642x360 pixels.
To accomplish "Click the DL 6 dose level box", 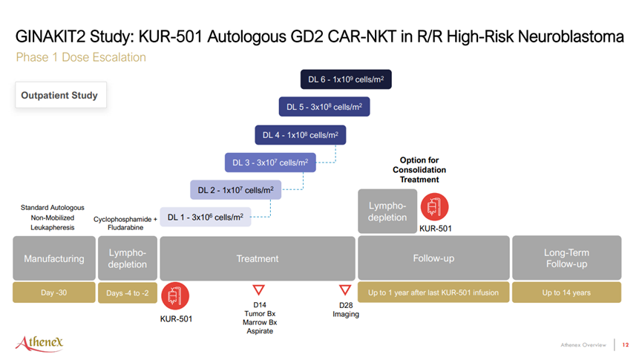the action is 346,79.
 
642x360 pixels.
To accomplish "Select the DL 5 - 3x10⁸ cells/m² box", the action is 324,107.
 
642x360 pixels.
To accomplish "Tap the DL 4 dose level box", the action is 301,135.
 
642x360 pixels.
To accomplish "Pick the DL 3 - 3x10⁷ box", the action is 270,163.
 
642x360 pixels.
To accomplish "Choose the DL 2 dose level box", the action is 236,190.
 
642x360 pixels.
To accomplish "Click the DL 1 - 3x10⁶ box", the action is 206,217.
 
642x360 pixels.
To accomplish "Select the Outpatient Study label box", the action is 61,95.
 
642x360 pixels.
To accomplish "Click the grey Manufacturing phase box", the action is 54,258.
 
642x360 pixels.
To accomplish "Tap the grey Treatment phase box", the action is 258,258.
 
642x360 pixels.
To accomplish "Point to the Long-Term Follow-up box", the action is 566,258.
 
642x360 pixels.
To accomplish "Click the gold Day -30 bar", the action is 54,292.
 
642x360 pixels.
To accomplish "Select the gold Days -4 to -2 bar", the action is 128,293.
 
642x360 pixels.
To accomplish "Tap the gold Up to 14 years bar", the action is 566,292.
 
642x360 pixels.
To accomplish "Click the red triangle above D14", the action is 259,289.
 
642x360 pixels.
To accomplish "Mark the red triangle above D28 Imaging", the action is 345,289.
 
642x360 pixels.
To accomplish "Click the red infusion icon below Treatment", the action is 175,295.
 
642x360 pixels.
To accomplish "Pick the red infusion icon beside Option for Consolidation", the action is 435,207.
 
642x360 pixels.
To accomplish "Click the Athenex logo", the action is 40,343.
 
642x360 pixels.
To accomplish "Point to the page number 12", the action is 625,345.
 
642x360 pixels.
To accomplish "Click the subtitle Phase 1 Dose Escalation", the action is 81,57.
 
